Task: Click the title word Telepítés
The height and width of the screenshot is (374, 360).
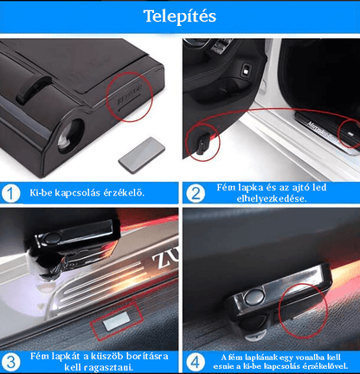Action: (x=180, y=16)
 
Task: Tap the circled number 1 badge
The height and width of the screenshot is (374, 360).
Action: (x=10, y=193)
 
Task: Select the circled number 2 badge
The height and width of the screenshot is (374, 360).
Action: (x=196, y=193)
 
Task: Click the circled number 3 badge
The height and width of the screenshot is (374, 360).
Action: (x=10, y=362)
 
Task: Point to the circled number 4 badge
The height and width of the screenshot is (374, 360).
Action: (x=196, y=362)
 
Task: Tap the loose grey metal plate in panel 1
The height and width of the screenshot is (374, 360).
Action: (x=142, y=155)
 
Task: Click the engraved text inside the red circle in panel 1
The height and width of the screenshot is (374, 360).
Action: (x=130, y=94)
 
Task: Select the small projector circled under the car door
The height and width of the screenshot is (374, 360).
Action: (x=203, y=145)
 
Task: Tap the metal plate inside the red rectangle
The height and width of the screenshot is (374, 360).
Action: (x=115, y=320)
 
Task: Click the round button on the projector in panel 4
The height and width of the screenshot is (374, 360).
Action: (x=254, y=297)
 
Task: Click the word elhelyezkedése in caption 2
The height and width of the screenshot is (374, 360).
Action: (x=272, y=199)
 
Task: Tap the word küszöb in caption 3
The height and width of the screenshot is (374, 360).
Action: (x=110, y=357)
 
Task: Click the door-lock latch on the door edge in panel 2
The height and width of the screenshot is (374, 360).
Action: (x=247, y=70)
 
